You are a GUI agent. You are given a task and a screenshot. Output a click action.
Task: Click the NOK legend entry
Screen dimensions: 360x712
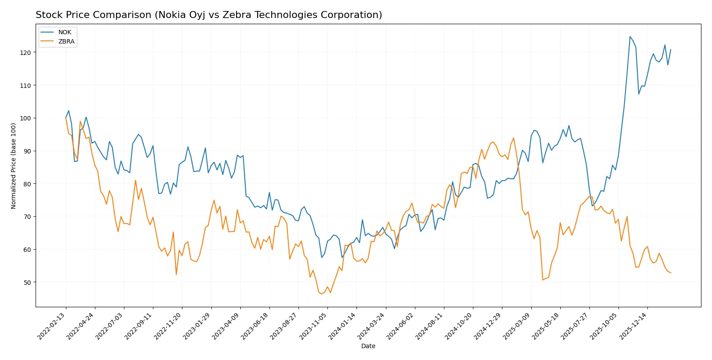64,32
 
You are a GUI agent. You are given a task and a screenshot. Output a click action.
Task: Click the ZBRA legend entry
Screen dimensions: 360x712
66,41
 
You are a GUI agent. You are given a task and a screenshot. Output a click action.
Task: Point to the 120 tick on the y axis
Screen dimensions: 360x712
25,52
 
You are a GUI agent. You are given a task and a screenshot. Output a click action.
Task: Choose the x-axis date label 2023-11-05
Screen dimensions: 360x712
313,326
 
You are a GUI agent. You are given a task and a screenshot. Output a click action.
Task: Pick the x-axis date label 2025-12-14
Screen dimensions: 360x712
633,326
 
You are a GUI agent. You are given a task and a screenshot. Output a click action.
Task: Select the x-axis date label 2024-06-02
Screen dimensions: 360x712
401,326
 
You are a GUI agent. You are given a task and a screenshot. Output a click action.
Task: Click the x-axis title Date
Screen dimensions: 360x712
368,346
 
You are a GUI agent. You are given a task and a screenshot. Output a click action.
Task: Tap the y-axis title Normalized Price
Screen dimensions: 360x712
13,166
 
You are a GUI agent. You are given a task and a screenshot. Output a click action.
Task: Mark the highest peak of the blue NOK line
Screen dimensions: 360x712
630,36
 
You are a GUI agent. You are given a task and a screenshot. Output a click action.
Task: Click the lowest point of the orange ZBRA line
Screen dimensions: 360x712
322,294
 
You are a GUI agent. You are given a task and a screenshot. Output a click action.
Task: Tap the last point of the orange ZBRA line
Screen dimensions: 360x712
671,273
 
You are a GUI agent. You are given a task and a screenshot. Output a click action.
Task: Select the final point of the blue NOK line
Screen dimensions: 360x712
671,50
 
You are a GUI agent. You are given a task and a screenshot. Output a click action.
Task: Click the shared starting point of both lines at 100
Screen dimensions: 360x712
66,118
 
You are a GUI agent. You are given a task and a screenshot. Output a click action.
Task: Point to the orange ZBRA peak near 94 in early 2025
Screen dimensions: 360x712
513,138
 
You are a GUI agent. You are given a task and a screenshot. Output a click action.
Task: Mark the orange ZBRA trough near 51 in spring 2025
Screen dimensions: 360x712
543,280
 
